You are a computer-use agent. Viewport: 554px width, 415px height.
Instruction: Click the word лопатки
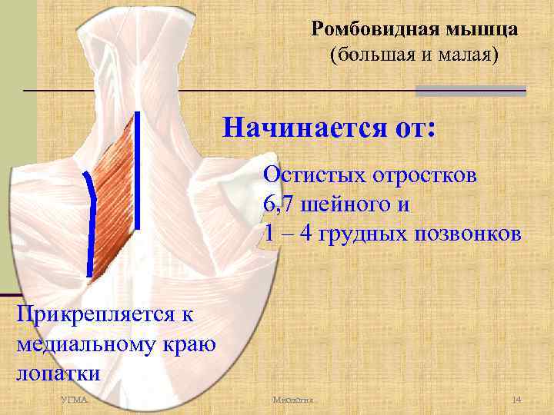pyautogui.click(x=58, y=374)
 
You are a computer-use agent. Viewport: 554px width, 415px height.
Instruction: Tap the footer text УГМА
pyautogui.click(x=75, y=402)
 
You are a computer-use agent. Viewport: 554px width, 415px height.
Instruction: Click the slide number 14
pyautogui.click(x=516, y=402)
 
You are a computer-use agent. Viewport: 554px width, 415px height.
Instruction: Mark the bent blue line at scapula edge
pyautogui.click(x=91, y=223)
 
